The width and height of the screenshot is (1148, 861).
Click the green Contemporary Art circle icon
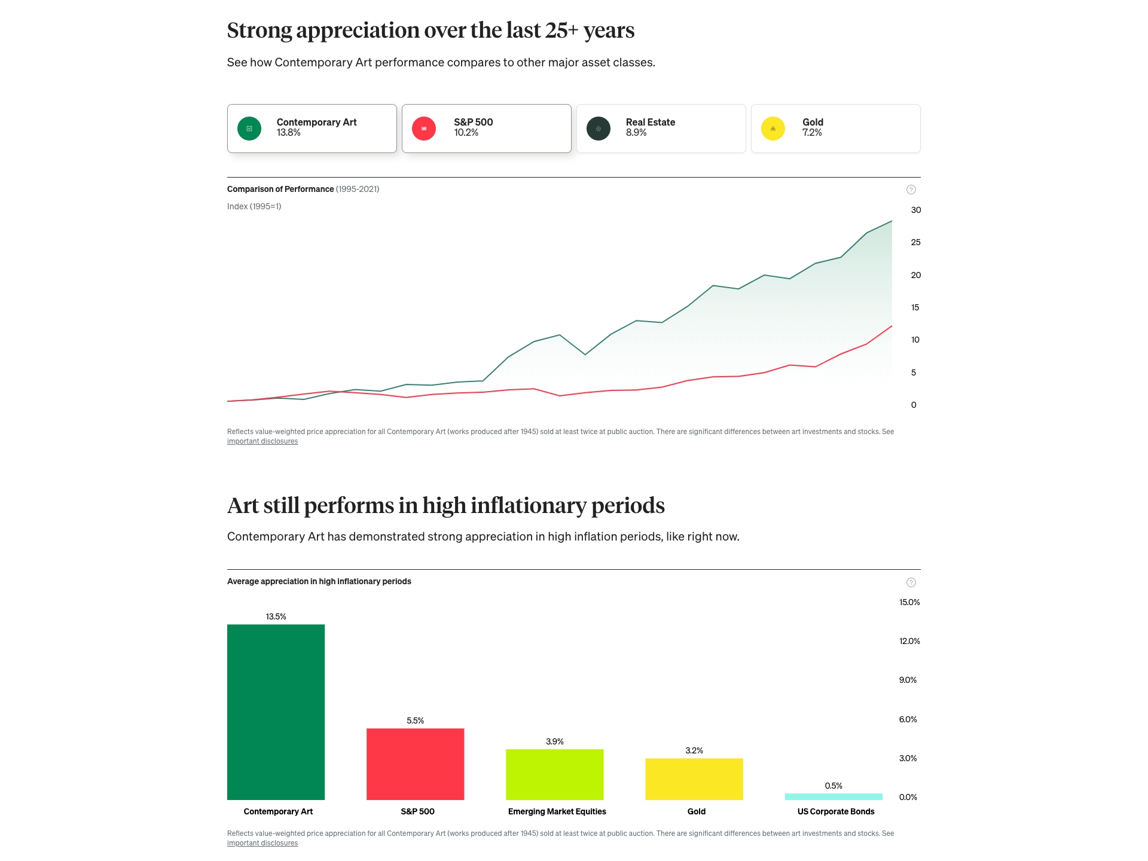(x=249, y=129)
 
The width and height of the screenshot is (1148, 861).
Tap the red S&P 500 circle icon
(x=424, y=129)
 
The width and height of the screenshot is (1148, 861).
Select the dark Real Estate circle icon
(x=599, y=129)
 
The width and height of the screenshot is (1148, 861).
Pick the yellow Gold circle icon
(x=773, y=129)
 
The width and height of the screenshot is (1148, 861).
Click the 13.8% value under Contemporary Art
(x=288, y=133)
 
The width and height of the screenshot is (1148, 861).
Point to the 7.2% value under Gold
(x=812, y=133)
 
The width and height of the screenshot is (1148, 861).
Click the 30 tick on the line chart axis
(x=915, y=210)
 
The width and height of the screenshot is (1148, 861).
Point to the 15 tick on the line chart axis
(x=915, y=307)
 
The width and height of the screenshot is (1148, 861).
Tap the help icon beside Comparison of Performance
(x=911, y=190)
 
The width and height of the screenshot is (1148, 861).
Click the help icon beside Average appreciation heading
(x=911, y=582)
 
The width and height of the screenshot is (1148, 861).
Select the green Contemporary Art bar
(x=276, y=712)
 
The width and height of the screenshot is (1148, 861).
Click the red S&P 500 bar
(x=415, y=764)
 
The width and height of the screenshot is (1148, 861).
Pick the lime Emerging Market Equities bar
(x=554, y=774)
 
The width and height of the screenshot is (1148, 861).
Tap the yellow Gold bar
(x=694, y=778)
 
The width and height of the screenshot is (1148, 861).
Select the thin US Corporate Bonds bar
(x=833, y=796)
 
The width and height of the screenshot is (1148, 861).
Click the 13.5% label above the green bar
(x=276, y=616)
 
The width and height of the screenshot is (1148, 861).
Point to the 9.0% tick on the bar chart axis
(x=908, y=680)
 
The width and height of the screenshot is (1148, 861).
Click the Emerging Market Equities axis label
(x=557, y=811)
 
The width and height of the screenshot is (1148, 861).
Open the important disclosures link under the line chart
(x=262, y=441)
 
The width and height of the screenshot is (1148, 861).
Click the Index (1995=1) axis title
(x=254, y=206)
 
